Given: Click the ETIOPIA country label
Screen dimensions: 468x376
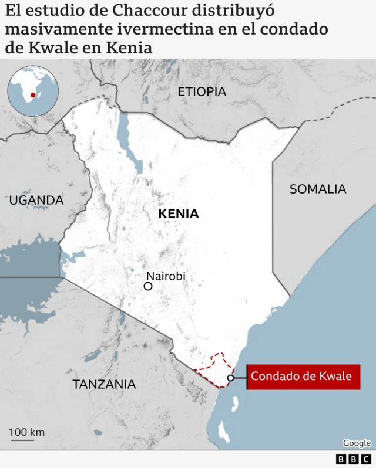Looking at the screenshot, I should [202, 91].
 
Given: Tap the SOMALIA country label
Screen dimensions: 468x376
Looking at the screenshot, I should [318, 189].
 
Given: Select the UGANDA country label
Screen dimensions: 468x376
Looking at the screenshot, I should [36, 200].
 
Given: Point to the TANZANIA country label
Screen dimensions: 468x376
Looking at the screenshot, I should [103, 384].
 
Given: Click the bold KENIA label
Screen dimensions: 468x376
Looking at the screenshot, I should [179, 214].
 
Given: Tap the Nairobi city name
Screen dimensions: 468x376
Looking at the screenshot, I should [166, 276].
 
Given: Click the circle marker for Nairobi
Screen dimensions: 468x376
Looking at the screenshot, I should [148, 286].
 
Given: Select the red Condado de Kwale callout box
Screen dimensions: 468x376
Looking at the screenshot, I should [303, 377].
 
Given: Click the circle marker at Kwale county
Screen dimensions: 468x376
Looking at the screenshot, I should [231, 378].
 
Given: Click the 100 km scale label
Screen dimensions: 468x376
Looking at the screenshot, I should [27, 433].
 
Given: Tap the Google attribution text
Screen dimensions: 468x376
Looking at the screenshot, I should [357, 443].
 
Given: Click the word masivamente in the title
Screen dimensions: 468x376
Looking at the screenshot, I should [56, 29].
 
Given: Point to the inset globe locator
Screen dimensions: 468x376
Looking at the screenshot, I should [33, 91].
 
